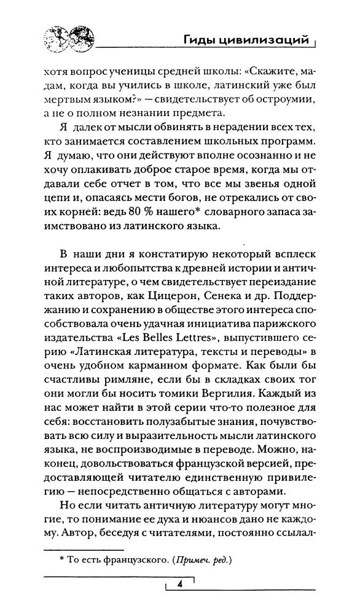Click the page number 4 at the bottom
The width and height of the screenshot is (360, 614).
(x=181, y=584)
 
